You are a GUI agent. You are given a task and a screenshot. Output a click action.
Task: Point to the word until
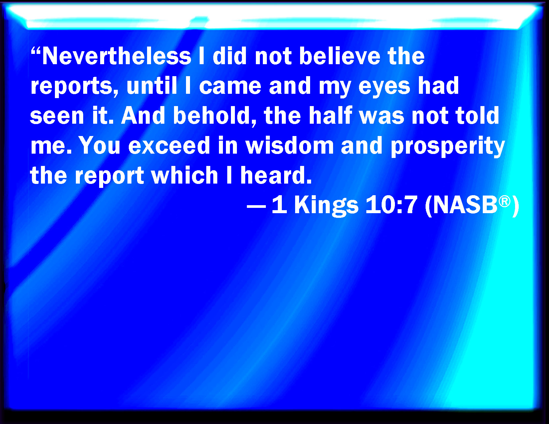click(x=151, y=85)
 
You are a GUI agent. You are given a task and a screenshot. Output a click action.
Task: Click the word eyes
click(x=384, y=88)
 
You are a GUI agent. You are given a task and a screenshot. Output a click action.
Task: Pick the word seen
click(x=57, y=116)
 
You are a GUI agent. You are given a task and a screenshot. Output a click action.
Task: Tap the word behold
click(x=215, y=116)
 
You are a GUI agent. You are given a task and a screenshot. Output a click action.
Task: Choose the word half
click(x=330, y=115)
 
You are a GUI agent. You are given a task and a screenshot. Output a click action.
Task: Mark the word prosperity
click(x=448, y=147)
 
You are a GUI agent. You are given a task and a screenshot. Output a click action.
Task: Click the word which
click(x=185, y=175)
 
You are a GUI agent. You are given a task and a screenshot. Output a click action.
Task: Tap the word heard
click(x=276, y=175)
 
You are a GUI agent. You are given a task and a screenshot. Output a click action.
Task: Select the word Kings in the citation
click(x=326, y=206)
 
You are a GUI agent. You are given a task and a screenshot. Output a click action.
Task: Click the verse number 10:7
click(x=391, y=205)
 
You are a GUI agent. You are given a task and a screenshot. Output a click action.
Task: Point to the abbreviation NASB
click(x=465, y=205)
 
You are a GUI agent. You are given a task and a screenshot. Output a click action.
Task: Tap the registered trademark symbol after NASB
click(x=504, y=202)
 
